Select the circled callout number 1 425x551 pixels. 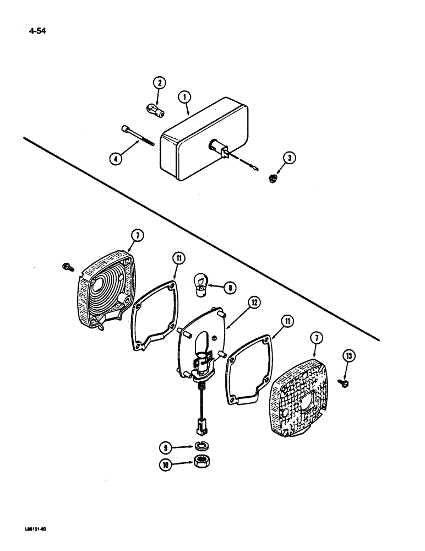[x=185, y=98]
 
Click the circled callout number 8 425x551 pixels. [x=230, y=287]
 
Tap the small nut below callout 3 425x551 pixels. [x=273, y=178]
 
